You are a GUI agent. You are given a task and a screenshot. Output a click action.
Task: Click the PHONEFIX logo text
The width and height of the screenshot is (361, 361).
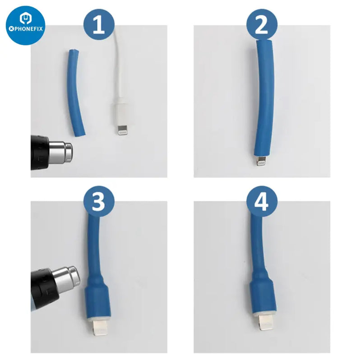click(x=26, y=29)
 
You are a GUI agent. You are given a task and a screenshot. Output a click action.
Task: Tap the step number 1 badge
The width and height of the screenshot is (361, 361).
click(x=99, y=25)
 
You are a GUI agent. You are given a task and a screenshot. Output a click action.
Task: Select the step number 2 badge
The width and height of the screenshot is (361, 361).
click(x=262, y=25)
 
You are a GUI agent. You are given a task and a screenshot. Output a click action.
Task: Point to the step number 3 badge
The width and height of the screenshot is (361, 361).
click(x=99, y=201)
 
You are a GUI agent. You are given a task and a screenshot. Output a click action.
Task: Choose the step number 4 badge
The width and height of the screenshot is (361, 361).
click(x=262, y=201)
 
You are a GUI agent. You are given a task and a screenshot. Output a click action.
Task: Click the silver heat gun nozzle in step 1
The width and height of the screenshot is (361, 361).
click(x=60, y=152)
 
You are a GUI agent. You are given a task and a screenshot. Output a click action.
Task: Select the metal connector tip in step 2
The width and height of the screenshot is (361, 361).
click(x=261, y=161)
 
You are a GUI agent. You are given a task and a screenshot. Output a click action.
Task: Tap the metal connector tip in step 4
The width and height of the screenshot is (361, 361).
click(x=266, y=322)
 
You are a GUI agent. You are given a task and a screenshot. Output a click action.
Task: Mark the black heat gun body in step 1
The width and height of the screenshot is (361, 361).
click(x=40, y=153)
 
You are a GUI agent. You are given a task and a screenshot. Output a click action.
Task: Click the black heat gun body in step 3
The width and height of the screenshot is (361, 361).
click(x=44, y=289)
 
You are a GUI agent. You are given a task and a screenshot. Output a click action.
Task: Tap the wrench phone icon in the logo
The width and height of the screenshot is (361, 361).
click(x=25, y=19)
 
